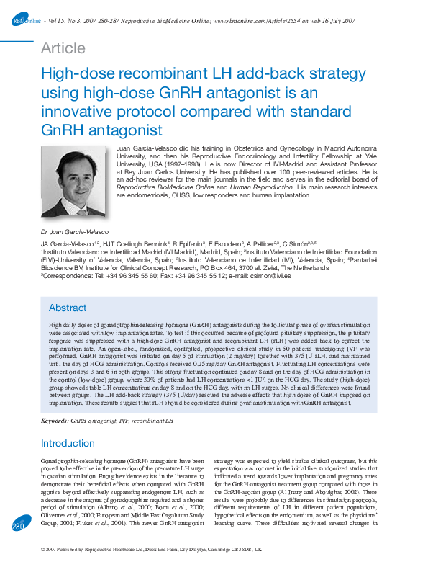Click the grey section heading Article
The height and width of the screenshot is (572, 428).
[63, 48]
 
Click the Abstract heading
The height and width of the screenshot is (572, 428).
[68, 308]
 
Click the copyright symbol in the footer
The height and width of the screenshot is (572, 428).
[44, 550]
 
